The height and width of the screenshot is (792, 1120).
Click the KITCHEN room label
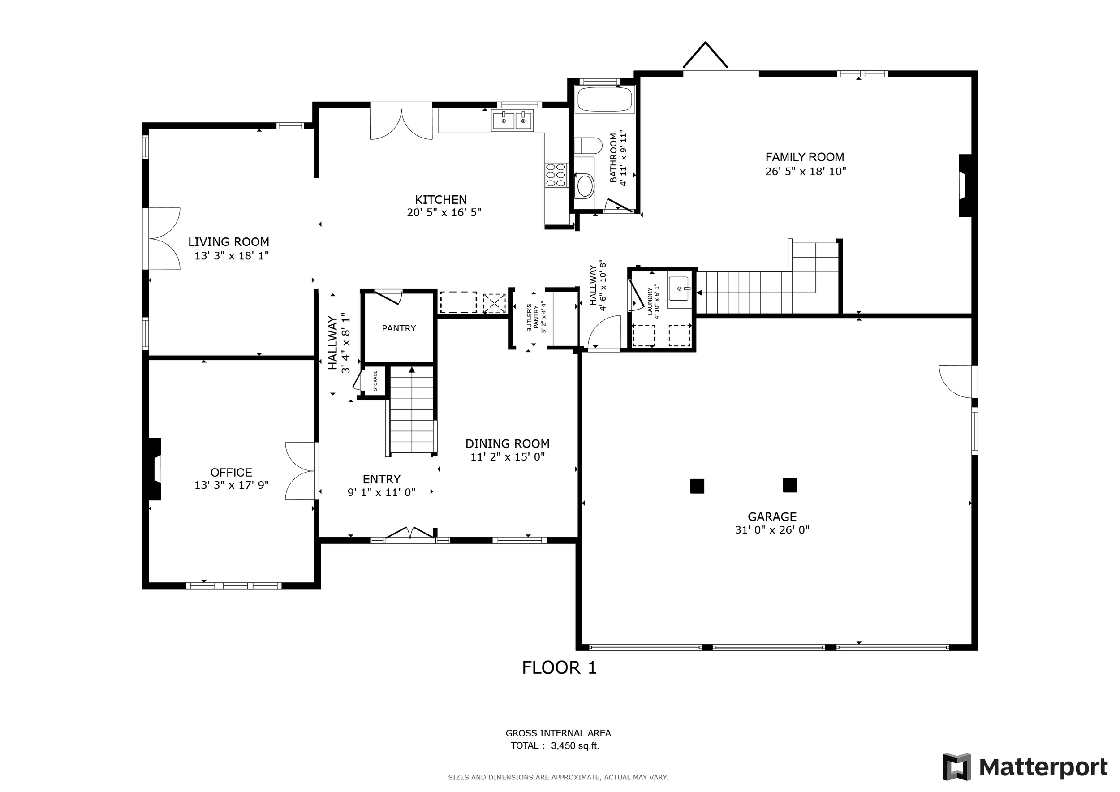coord(440,199)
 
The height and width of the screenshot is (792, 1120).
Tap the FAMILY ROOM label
coord(805,157)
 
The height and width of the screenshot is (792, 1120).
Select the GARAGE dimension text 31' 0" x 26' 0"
coord(772,530)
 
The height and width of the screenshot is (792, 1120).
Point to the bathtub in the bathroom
coord(605,100)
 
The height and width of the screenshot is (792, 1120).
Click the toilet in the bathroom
coord(588,145)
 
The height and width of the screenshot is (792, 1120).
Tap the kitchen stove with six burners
coord(556,175)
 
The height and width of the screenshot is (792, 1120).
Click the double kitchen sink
coord(512,120)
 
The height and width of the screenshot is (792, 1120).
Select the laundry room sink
coord(680,288)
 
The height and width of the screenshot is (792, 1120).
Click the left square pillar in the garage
coord(697,486)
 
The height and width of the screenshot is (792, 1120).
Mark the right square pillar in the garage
coord(790,485)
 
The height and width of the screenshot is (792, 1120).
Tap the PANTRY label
coord(399,329)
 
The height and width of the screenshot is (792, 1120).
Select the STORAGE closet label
coord(375,381)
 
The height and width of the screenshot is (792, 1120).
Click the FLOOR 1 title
coord(559,667)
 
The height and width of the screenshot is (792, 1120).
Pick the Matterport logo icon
coord(957,767)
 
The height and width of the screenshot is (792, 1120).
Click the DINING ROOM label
coord(507,444)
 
